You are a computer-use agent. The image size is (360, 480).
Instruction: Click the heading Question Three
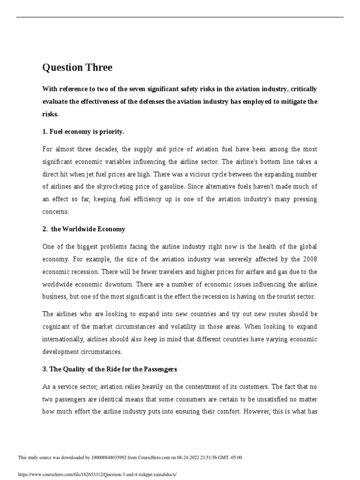77,67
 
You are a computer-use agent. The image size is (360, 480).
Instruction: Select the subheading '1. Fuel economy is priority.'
83,132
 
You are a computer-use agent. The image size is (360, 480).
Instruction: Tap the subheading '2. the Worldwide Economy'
84,229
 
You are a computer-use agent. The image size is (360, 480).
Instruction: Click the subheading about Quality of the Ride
110,369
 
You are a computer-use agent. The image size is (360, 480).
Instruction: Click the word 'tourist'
273,297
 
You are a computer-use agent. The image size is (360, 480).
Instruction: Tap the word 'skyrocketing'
134,187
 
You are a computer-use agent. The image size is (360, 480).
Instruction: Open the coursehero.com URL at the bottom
97,474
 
